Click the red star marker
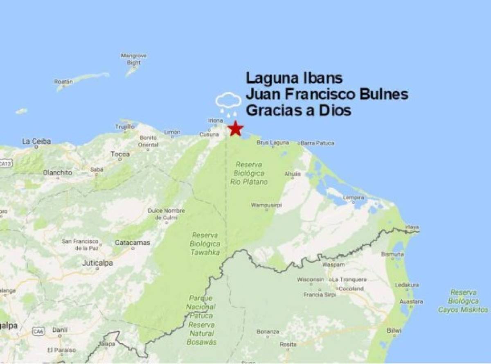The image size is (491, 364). tap(235, 129)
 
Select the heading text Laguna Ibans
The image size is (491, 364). tap(294, 78)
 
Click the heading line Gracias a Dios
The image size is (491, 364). tap(298, 110)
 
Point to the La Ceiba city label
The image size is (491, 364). tap(36, 142)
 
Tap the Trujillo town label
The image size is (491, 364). tap(124, 127)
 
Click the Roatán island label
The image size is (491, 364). tap(63, 81)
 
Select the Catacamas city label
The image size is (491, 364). tap(132, 242)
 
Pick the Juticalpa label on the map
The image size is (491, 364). tap(97, 263)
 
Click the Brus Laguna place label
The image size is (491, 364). tap(273, 143)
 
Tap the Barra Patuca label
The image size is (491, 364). tap(318, 143)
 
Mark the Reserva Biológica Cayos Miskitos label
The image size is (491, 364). tap(463, 301)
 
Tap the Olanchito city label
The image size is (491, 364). tap(57, 172)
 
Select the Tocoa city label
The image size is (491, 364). tap(120, 154)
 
